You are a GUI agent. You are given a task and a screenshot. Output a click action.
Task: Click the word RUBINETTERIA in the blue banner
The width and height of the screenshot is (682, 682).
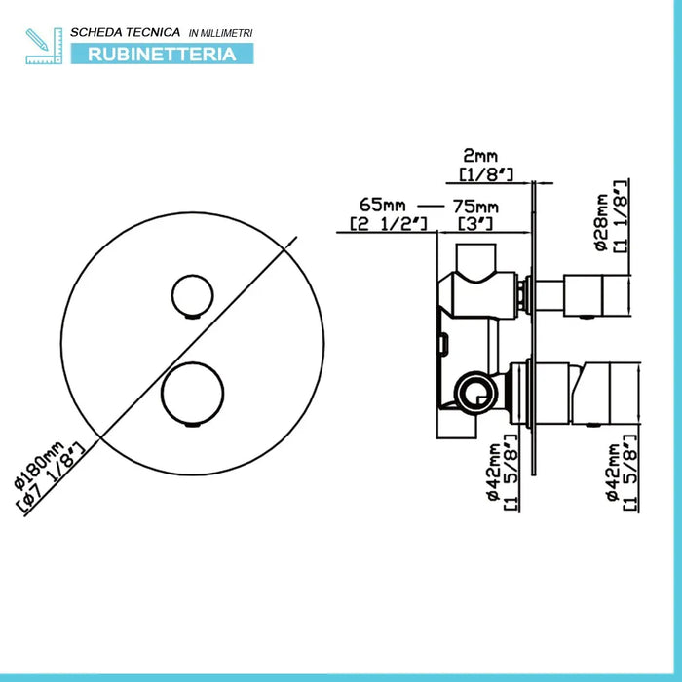click(x=162, y=55)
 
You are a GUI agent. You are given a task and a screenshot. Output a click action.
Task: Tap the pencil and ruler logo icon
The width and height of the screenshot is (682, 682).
click(x=44, y=46)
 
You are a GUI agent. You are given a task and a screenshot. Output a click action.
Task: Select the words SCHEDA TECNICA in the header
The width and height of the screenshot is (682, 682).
click(x=126, y=32)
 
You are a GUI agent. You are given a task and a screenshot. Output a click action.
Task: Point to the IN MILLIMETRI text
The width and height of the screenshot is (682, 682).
click(x=220, y=33)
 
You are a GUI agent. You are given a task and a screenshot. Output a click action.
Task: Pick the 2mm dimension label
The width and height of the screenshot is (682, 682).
click(x=480, y=156)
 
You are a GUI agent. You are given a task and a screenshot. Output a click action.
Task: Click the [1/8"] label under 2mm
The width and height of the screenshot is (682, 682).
click(x=486, y=174)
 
